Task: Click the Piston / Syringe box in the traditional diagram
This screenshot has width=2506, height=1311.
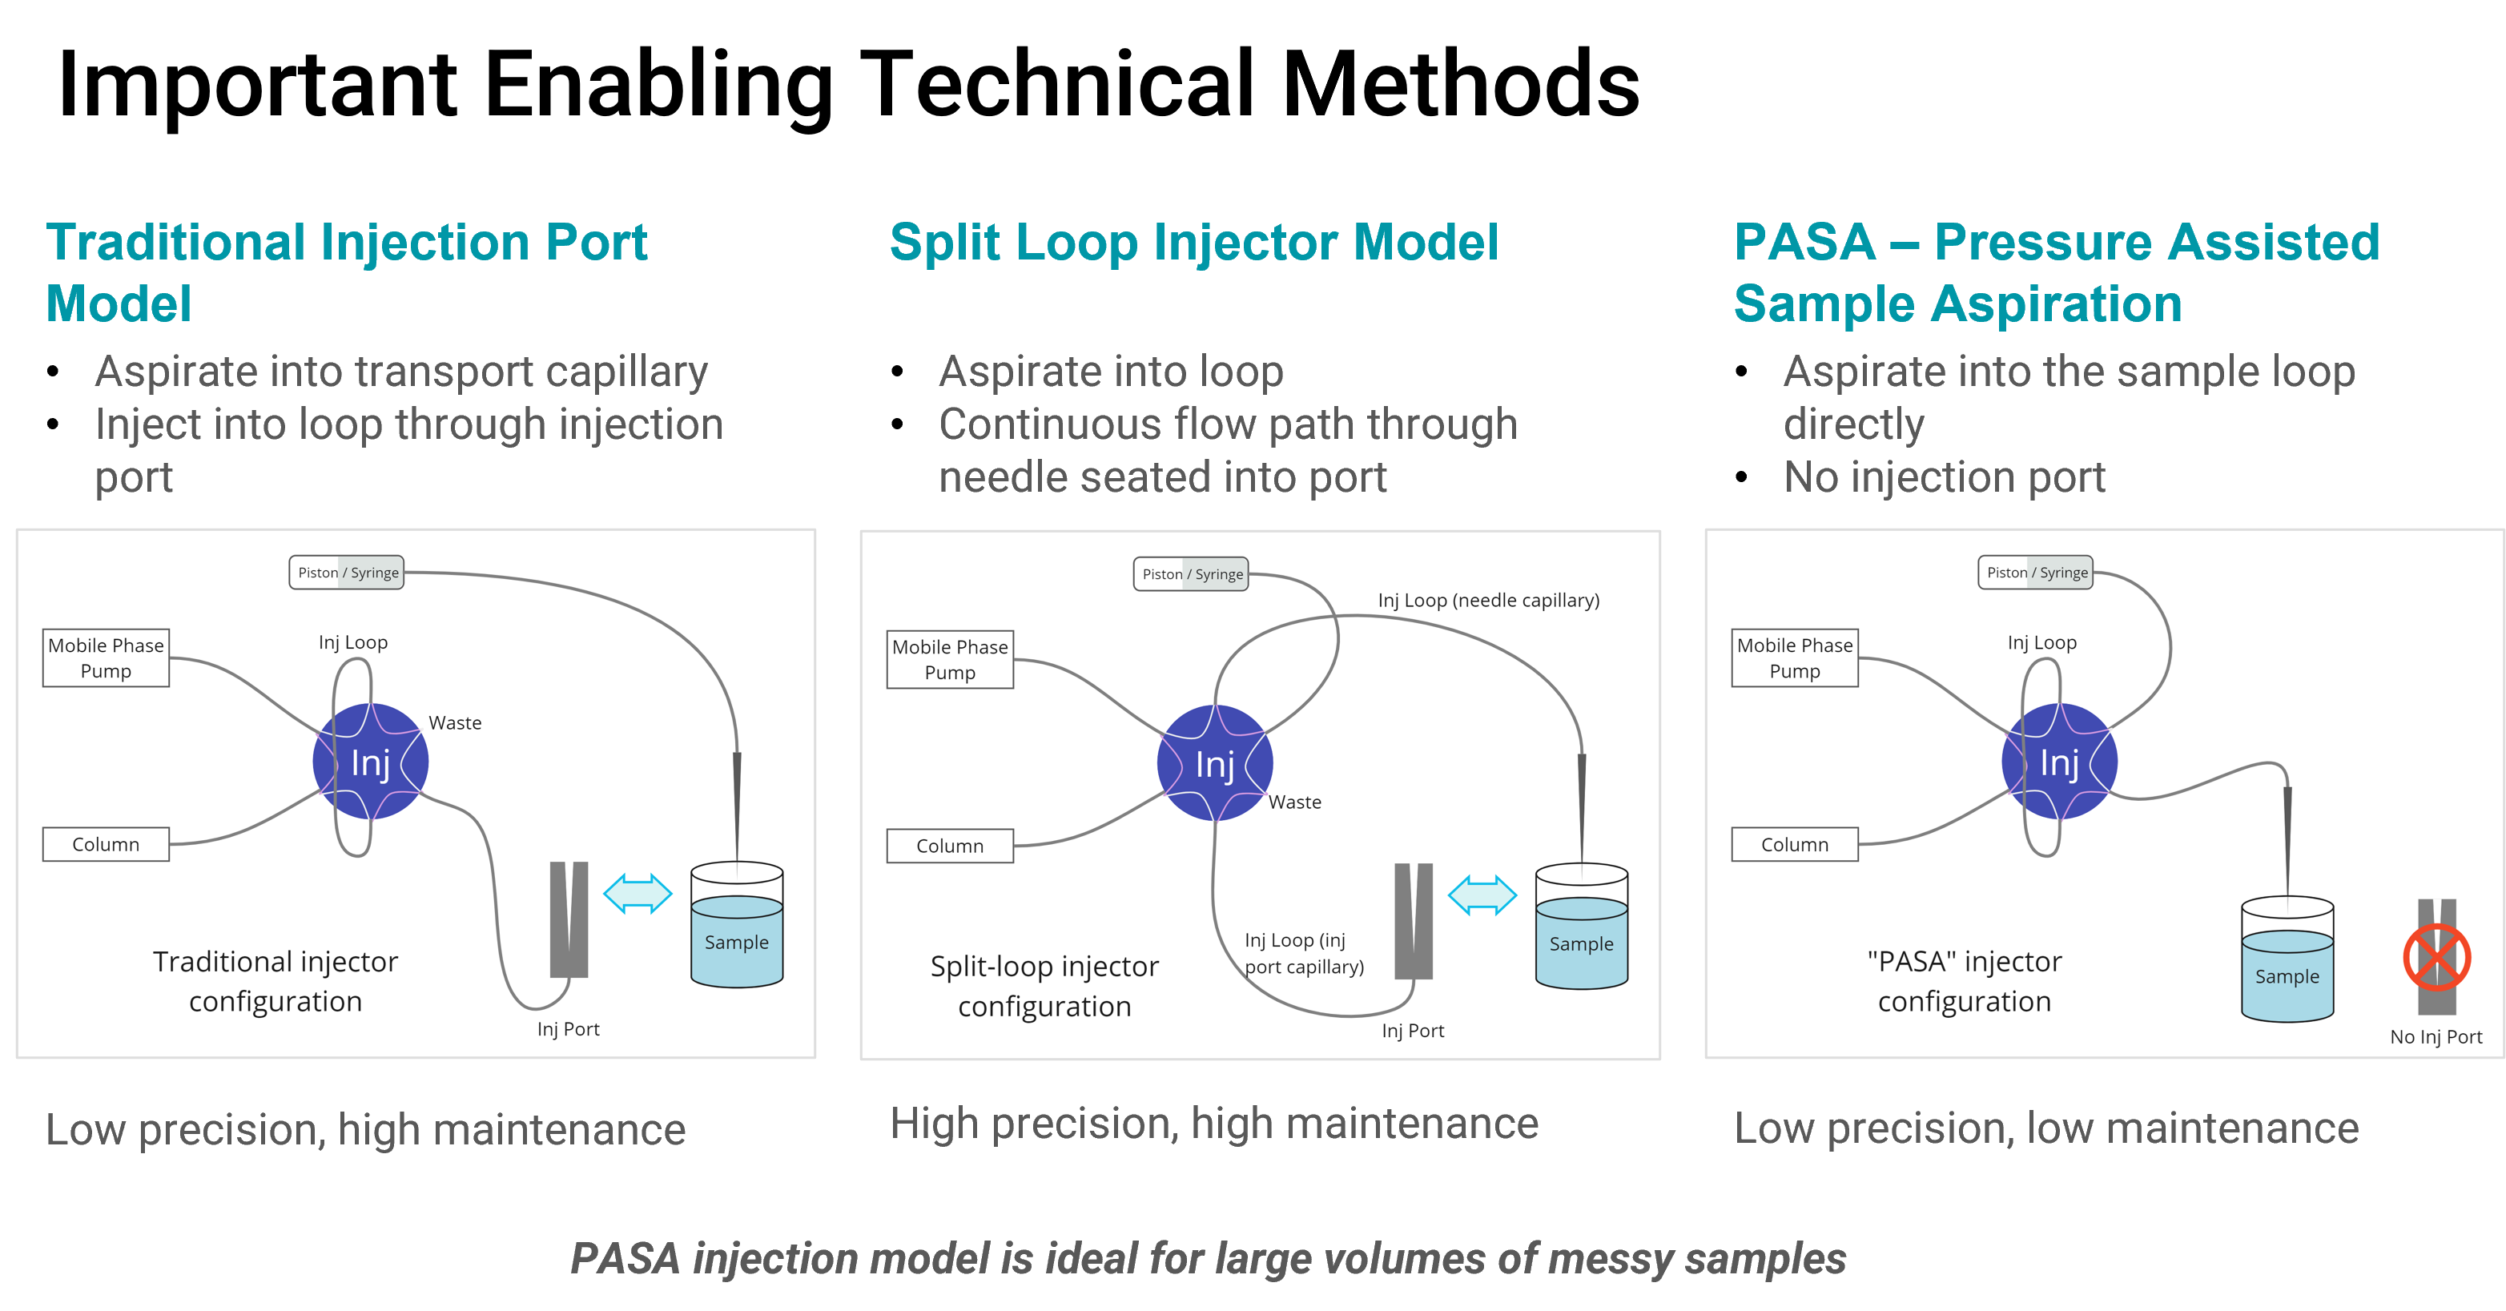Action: click(x=346, y=572)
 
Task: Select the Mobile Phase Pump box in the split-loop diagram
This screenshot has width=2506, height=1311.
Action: click(x=950, y=659)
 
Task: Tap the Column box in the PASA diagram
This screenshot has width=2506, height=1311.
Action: click(x=1794, y=844)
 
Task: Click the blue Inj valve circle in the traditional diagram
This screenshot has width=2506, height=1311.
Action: click(x=371, y=762)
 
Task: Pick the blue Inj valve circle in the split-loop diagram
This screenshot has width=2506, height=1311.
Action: click(x=1214, y=763)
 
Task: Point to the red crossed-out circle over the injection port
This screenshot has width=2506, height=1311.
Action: click(x=2436, y=957)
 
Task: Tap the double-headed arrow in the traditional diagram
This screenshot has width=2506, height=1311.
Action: click(x=638, y=894)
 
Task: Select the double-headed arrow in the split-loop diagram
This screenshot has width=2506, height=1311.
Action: click(x=1482, y=895)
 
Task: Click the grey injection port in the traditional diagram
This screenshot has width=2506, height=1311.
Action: click(x=569, y=919)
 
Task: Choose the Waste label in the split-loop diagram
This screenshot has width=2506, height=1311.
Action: click(x=1295, y=802)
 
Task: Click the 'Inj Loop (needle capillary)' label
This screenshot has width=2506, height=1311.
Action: click(x=1488, y=600)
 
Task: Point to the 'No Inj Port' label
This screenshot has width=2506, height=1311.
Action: click(x=2436, y=1037)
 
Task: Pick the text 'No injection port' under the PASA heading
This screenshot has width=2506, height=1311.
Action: click(x=1944, y=477)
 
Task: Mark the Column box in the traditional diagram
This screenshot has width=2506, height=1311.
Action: click(x=106, y=844)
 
